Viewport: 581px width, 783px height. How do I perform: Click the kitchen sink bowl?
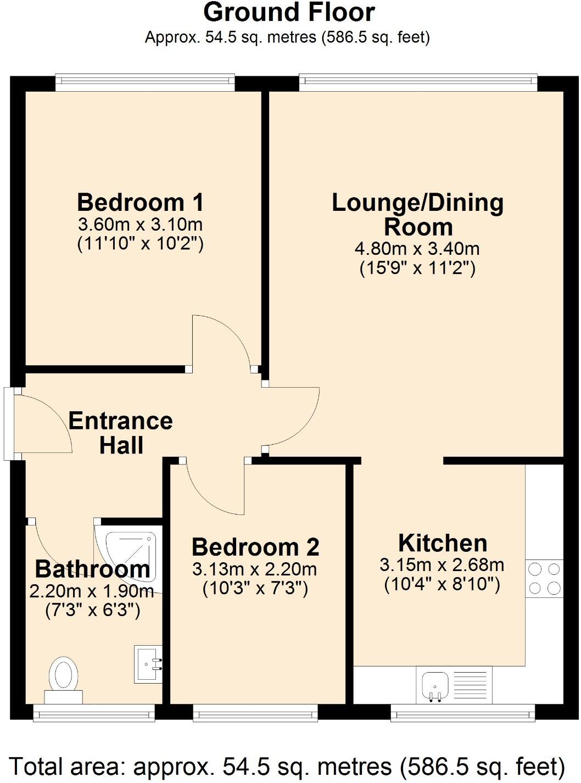pyautogui.click(x=435, y=685)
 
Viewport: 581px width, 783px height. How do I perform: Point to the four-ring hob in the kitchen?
pyautogui.click(x=544, y=579)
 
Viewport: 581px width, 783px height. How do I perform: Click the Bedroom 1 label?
pyautogui.click(x=141, y=203)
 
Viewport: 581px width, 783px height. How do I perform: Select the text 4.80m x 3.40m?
pyautogui.click(x=417, y=249)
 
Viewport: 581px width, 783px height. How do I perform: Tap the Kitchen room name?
pyautogui.click(x=443, y=543)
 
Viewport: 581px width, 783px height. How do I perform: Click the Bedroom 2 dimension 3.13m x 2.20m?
pyautogui.click(x=255, y=569)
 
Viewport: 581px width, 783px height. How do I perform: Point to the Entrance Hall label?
pyautogui.click(x=121, y=433)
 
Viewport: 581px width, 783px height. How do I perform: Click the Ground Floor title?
pyautogui.click(x=289, y=12)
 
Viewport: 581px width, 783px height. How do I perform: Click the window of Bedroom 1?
pyautogui.click(x=145, y=82)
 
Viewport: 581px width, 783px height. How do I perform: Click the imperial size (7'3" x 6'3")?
pyautogui.click(x=92, y=610)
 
